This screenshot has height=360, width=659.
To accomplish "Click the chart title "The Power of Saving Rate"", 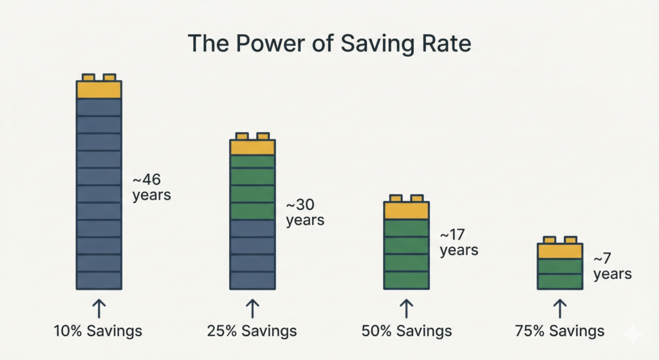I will [x=329, y=43].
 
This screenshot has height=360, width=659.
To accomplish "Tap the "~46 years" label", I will [x=151, y=187].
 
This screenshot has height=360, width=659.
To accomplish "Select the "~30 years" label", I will [x=305, y=213].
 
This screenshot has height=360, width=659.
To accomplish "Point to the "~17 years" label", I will [x=459, y=242].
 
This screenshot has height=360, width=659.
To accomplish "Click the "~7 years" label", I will [x=612, y=266].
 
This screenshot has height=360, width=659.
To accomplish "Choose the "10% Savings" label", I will [x=98, y=331].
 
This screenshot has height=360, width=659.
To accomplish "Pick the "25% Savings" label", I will [x=252, y=331].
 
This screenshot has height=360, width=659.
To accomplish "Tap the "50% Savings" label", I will [x=407, y=331].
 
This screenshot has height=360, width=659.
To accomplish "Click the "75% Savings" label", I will [x=560, y=331].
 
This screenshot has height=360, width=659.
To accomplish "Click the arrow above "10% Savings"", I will [x=98, y=308].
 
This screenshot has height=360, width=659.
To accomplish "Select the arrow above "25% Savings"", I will [x=252, y=308].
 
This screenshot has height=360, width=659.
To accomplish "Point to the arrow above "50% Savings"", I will [x=406, y=308].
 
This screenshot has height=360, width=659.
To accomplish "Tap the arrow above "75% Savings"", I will [x=560, y=308].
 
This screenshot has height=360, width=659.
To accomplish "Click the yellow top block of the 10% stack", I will [x=99, y=89].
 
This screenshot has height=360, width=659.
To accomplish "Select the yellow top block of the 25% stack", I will [x=252, y=147].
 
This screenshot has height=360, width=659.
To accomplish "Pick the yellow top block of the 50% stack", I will [x=406, y=210].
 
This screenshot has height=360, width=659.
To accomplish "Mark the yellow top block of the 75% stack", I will [x=560, y=251].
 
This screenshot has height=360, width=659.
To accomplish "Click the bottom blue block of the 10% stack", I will [x=99, y=280].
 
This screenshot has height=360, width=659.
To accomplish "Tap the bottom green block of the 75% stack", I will [x=560, y=281].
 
